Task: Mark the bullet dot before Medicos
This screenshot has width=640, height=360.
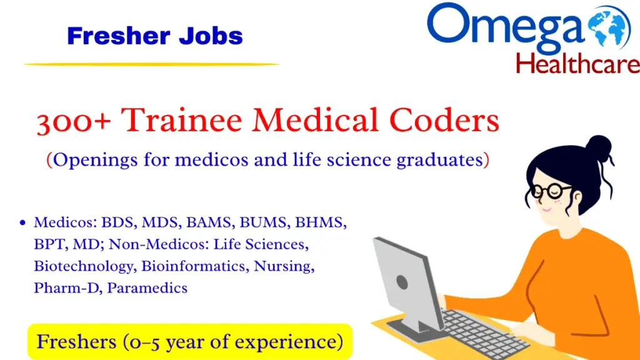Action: click(x=23, y=222)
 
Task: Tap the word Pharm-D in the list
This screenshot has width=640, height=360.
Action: click(x=59, y=287)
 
